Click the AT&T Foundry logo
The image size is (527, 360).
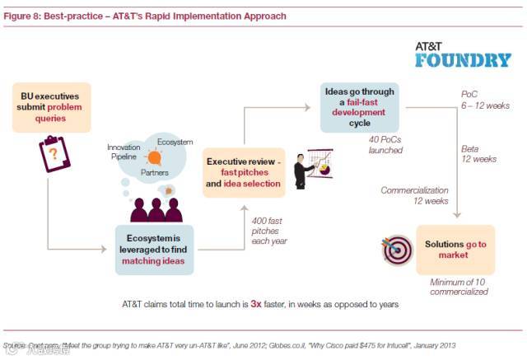[463, 54]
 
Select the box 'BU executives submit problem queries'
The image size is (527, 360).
[50, 107]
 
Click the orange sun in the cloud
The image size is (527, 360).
[154, 156]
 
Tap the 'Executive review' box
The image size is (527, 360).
[244, 172]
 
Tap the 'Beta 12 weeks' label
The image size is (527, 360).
[482, 154]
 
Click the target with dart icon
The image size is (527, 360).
[396, 250]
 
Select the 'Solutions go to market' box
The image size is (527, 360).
[455, 250]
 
